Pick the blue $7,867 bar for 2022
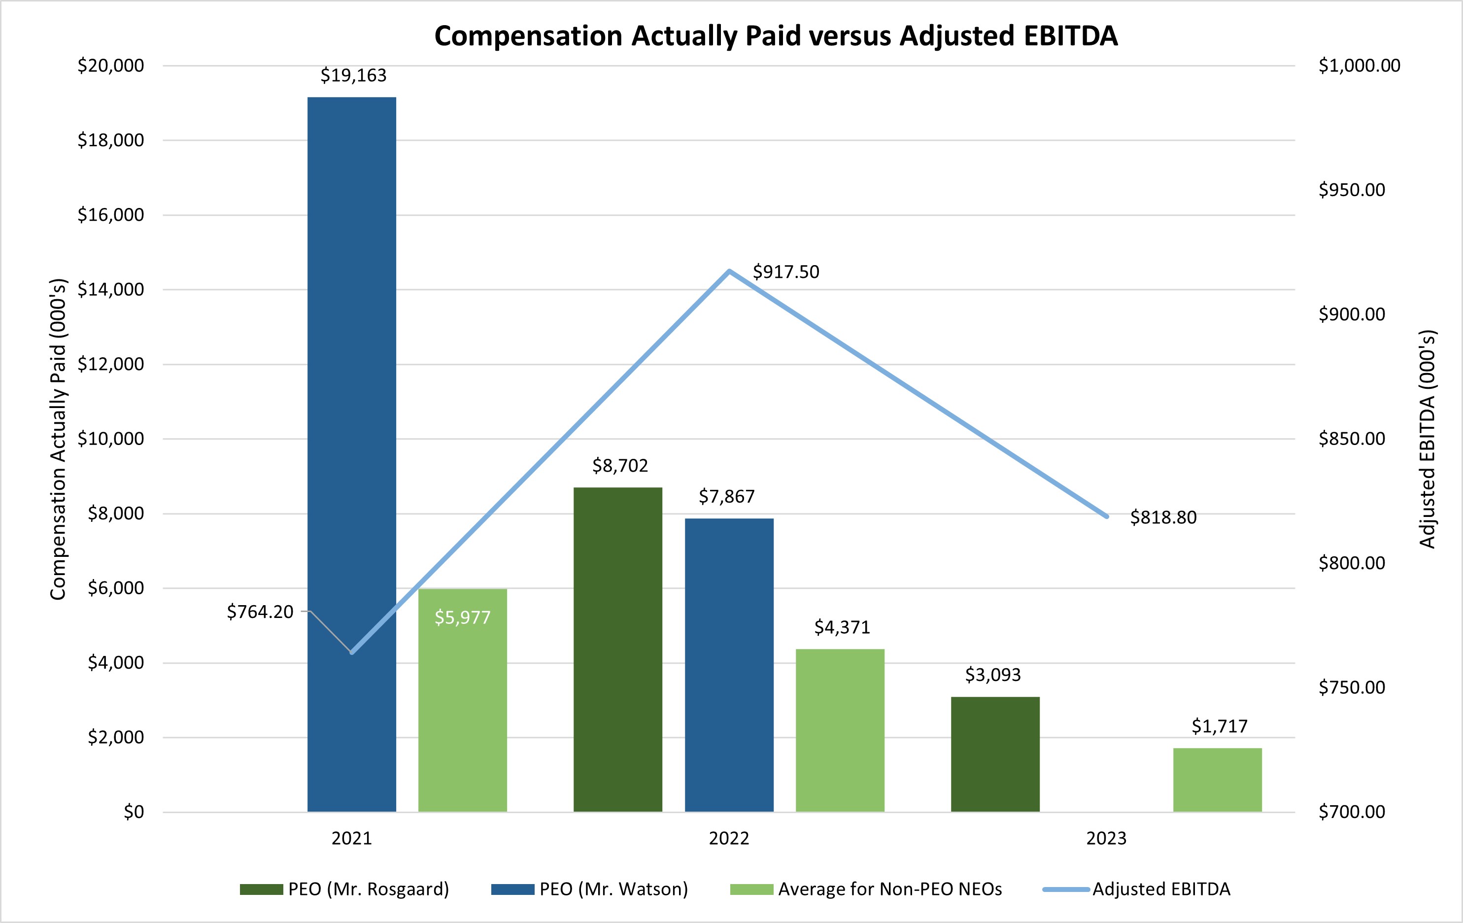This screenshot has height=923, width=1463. coord(729,665)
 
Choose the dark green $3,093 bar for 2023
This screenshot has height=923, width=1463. coord(995,754)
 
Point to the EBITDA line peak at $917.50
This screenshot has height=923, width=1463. coord(729,271)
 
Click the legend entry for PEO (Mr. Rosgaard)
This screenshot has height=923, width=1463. coord(344,889)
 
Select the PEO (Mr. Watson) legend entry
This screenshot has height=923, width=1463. coord(589,889)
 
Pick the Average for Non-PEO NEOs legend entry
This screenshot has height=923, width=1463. coord(866,889)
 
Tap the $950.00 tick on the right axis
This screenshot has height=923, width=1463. coord(1351,190)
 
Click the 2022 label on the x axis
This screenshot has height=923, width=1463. coord(729,839)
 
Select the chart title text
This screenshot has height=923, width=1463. coord(776,36)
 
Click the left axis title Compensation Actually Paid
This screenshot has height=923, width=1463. coord(58,439)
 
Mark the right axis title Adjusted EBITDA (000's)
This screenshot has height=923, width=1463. coord(1427,439)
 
